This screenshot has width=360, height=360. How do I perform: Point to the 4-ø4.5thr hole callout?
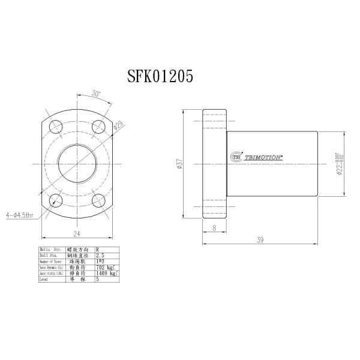tap(19, 214)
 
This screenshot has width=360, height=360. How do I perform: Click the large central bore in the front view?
tap(77, 163)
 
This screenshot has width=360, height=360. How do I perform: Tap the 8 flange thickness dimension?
tap(215, 229)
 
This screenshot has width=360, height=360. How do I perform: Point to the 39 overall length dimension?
tap(260, 240)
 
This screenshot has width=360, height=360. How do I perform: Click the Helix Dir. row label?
tap(51, 249)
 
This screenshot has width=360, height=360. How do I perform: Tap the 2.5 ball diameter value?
tap(101, 255)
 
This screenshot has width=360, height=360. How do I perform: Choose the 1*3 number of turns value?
tap(101, 261)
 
